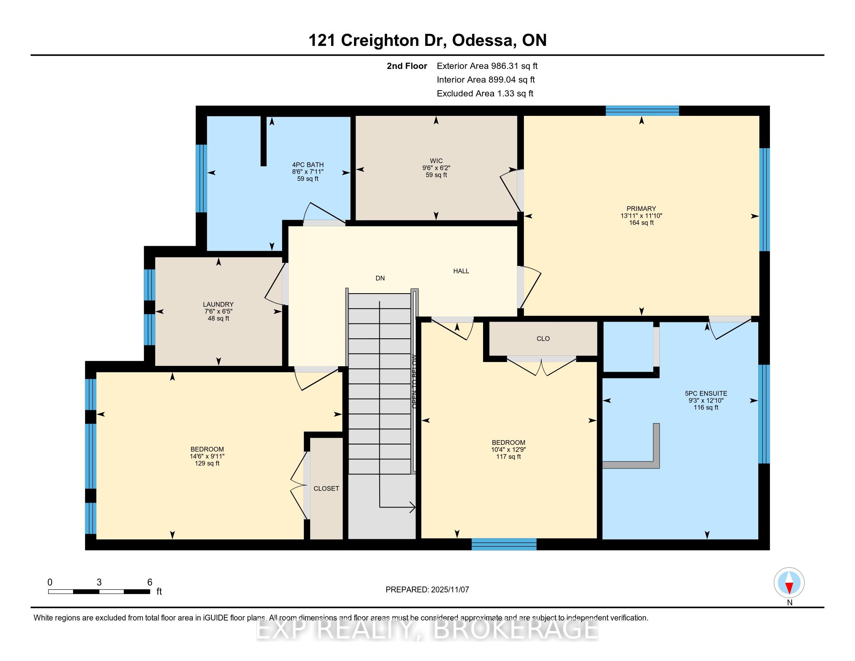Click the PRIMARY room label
641,209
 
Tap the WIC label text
436,161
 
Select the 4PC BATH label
308,165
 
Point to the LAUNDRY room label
218,304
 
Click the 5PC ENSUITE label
706,393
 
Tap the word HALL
461,271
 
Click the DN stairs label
380,278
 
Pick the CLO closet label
543,339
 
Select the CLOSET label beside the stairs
326,489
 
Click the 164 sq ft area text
641,223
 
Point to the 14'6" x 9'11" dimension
207,456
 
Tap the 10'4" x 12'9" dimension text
509,449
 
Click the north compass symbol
789,582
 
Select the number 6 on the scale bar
150,582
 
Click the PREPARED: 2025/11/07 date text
427,590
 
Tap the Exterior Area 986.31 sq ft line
487,66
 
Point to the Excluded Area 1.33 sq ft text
485,94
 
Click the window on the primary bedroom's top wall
642,111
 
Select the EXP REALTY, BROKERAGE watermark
427,629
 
